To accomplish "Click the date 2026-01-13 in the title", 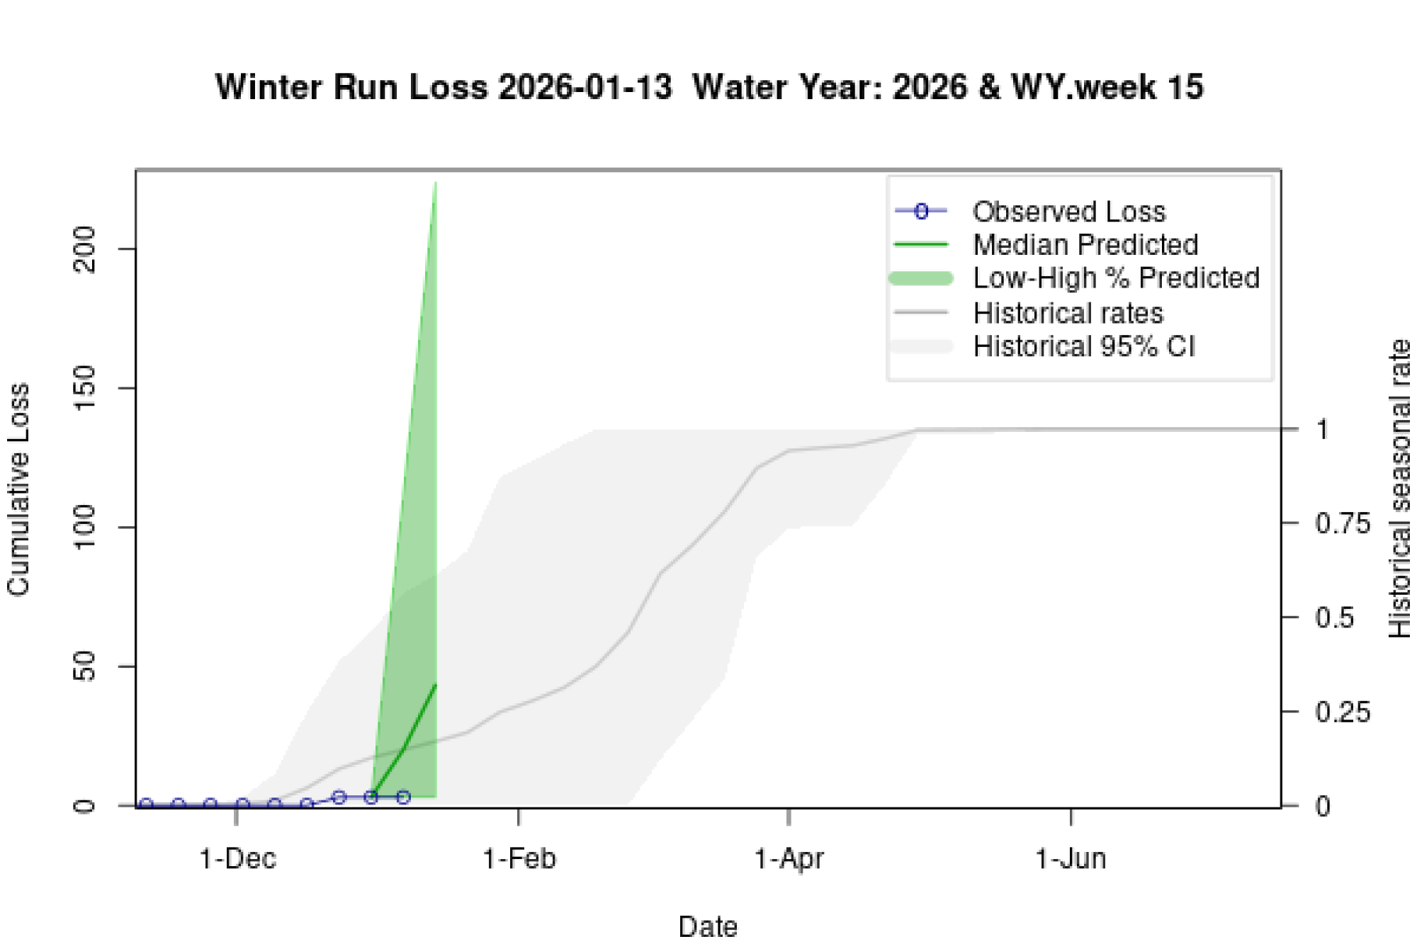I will click(x=585, y=87).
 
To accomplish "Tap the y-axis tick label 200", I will click(x=84, y=249).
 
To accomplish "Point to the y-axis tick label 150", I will click(x=84, y=388).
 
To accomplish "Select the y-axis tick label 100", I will click(x=84, y=528).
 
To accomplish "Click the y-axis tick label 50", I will click(x=84, y=666).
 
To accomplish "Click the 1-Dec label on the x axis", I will click(x=237, y=859).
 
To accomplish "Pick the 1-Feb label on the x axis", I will click(x=519, y=859).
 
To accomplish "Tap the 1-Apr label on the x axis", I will click(x=789, y=859).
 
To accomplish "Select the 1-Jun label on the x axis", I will click(x=1071, y=859).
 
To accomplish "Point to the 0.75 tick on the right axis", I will click(x=1342, y=524).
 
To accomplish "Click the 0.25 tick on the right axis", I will click(x=1342, y=712).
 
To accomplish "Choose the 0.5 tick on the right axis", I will click(x=1334, y=618).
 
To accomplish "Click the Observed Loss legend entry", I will click(x=1068, y=212).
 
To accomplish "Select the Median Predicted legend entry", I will click(x=1085, y=245).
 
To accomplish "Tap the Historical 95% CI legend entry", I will click(x=1083, y=347).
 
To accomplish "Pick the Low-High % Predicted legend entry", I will click(x=1116, y=278).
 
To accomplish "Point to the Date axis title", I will click(x=708, y=926).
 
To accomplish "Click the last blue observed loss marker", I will click(x=403, y=797).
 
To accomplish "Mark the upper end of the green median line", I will click(x=435, y=685).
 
